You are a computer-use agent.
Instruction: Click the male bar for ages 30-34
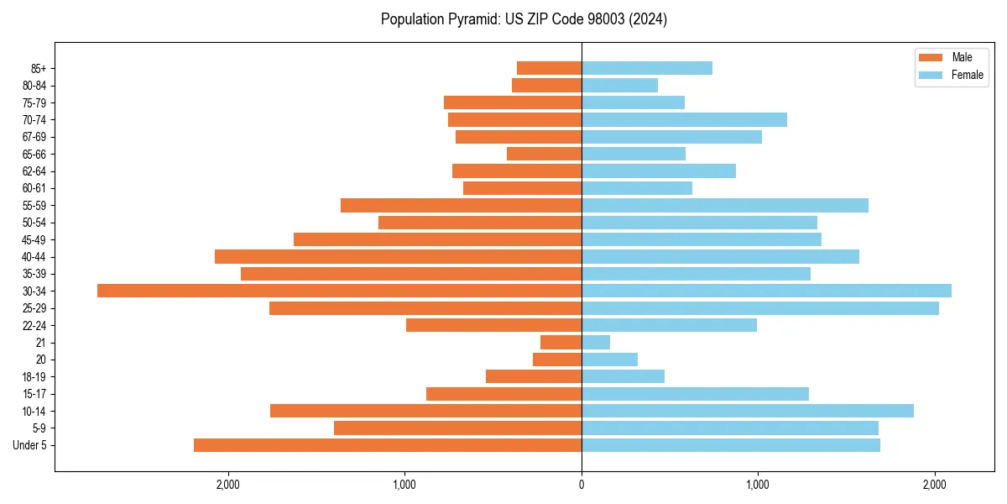pyautogui.click(x=339, y=291)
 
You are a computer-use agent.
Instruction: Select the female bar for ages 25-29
pyautogui.click(x=760, y=308)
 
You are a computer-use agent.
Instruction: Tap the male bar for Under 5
pyautogui.click(x=388, y=445)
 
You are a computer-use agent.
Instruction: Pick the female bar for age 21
pyautogui.click(x=596, y=343)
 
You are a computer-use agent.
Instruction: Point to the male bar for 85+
pyautogui.click(x=549, y=68)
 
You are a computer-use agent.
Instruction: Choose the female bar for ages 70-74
pyautogui.click(x=684, y=119)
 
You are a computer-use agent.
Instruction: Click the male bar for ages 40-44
pyautogui.click(x=398, y=256)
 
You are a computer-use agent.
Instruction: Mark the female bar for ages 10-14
pyautogui.click(x=748, y=411)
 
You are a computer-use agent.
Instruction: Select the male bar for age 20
pyautogui.click(x=557, y=360)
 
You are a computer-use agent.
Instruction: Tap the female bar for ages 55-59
pyautogui.click(x=725, y=205)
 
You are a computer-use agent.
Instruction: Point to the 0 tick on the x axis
pyautogui.click(x=582, y=485)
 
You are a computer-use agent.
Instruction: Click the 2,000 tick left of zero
pyautogui.click(x=228, y=485)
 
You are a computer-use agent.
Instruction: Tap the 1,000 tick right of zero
pyautogui.click(x=758, y=485)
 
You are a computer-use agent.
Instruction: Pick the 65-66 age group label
pyautogui.click(x=34, y=154)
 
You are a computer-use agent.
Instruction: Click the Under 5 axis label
pyautogui.click(x=30, y=445)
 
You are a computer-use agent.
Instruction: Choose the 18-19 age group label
pyautogui.click(x=34, y=376)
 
